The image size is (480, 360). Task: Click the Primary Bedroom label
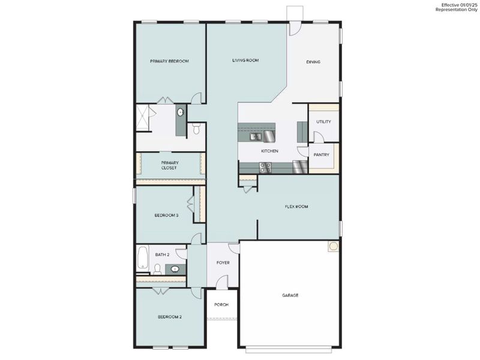point(169,61)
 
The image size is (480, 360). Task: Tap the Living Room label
point(245,61)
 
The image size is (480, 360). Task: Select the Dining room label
point(313,62)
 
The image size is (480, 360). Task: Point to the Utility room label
point(323,122)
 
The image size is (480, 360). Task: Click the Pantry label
point(322,155)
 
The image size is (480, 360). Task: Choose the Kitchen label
point(269,151)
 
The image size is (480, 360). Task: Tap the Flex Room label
point(296,206)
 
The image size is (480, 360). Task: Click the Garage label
point(290,295)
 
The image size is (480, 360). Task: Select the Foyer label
point(223,263)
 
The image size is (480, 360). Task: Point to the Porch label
point(221,305)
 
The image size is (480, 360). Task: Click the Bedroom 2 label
point(170,317)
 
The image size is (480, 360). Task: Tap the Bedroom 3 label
point(166,215)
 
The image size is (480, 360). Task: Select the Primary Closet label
point(170,166)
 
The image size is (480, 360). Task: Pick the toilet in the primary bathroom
point(197,128)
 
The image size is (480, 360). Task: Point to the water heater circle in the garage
point(332,247)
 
